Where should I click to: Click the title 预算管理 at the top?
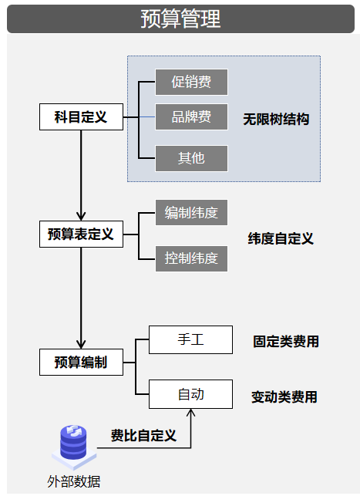[180, 19]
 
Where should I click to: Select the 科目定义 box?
[81, 118]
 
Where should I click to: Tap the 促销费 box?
[191, 81]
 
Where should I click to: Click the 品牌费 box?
[191, 118]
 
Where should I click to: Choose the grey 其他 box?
[191, 158]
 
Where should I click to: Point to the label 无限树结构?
[276, 120]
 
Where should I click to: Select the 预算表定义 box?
[81, 235]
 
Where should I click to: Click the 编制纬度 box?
[191, 212]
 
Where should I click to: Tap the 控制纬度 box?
[191, 258]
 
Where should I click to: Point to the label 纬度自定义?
[281, 238]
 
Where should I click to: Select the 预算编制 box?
[81, 362]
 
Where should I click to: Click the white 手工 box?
[190, 339]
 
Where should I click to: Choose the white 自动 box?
[190, 394]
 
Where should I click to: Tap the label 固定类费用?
[286, 341]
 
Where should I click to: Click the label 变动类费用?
[284, 397]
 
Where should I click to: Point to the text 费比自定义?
[143, 436]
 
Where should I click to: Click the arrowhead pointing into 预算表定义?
[81, 216]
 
